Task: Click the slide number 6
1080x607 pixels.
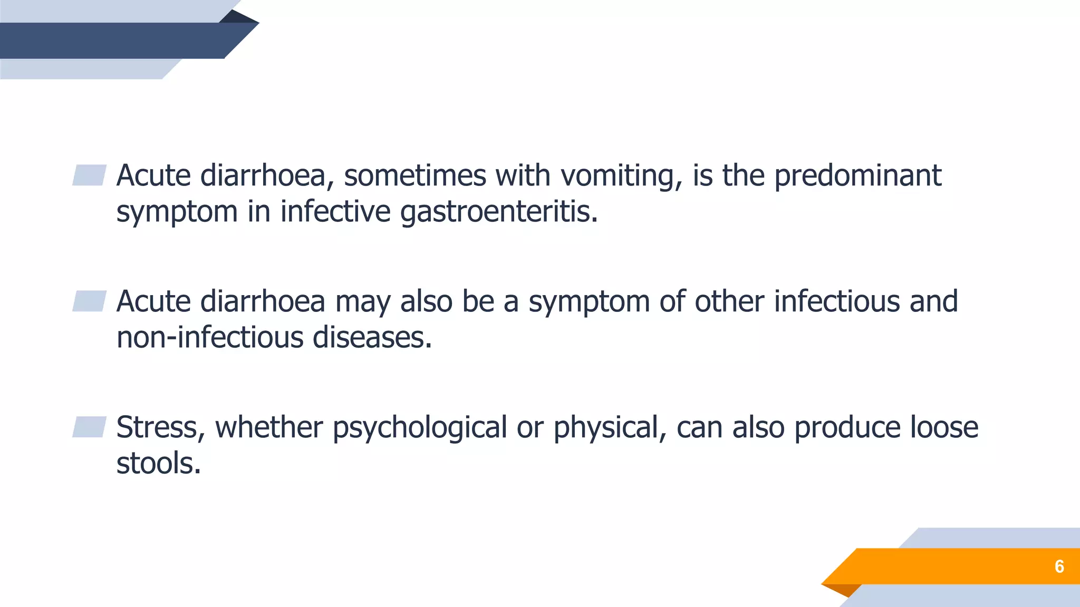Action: click(x=1059, y=566)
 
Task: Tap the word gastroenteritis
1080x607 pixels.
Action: click(x=499, y=212)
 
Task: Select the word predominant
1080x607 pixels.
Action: click(x=857, y=176)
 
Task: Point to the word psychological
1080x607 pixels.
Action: click(x=419, y=427)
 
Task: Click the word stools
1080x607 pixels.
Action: click(x=158, y=464)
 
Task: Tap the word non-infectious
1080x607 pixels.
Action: click(x=210, y=338)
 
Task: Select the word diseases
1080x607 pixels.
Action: click(x=372, y=338)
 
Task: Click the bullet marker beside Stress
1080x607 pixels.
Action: click(x=89, y=427)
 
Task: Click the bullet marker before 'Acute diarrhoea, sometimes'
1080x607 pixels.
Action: click(x=89, y=175)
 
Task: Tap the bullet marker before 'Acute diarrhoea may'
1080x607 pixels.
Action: click(x=89, y=301)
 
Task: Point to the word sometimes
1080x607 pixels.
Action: click(x=414, y=176)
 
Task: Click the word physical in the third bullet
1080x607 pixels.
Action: click(x=609, y=427)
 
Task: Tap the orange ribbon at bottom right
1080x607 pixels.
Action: click(x=949, y=566)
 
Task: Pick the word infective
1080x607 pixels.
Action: click(x=335, y=212)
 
